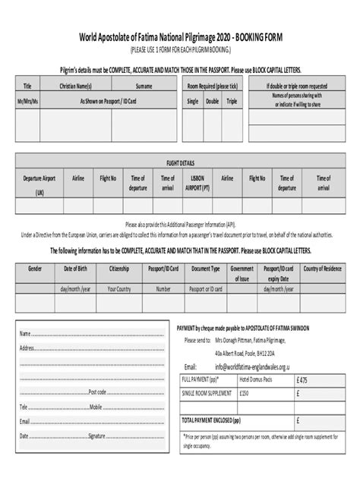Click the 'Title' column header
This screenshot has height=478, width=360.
28,86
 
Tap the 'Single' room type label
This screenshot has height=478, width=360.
193,100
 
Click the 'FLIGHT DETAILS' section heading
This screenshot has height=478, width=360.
181,162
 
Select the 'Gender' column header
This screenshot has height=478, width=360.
35,269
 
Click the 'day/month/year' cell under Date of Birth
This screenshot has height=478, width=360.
77,288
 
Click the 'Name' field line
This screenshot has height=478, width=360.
91,335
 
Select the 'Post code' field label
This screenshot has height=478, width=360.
97,392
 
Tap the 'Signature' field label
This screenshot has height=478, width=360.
96,436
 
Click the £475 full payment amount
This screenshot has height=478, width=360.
302,379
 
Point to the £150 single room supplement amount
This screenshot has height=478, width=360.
245,393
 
